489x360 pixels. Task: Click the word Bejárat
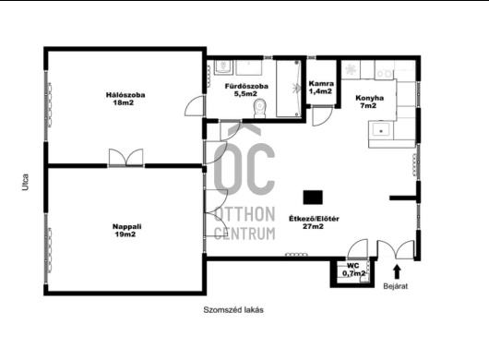point(396,286)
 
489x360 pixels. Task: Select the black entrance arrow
point(397,271)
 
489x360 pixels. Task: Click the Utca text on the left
point(25,182)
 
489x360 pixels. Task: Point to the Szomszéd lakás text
point(233,310)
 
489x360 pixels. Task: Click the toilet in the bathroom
point(260,108)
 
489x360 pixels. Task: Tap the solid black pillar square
point(313,198)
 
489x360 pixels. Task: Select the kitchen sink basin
point(381,130)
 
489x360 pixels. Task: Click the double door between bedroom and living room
point(126,158)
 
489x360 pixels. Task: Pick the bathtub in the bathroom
point(289,89)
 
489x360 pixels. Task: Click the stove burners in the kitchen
point(384,74)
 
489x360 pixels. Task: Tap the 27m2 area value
point(313,226)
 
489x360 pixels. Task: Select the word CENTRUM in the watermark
point(244,233)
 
